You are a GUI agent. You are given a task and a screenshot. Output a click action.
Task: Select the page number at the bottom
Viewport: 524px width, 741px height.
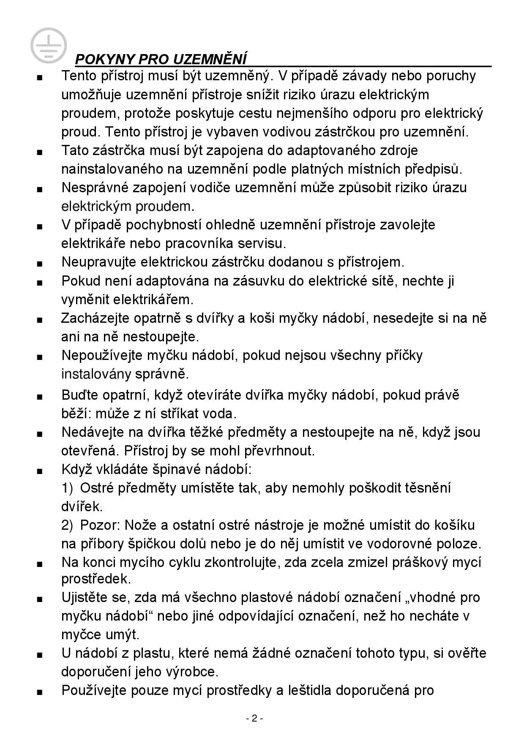tap(254, 719)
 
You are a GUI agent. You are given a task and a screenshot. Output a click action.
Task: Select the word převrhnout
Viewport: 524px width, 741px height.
tap(279, 451)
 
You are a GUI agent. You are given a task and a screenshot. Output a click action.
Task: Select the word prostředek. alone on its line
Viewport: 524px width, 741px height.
tap(96, 579)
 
